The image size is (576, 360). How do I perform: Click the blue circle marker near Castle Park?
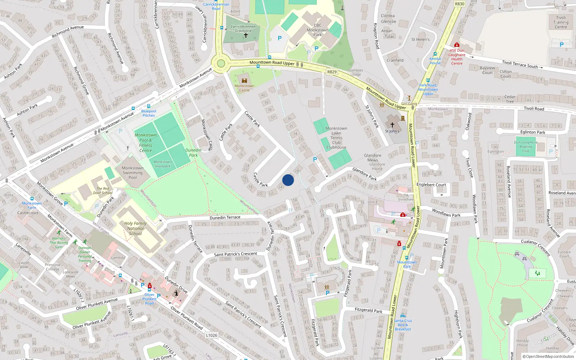tap(288, 180)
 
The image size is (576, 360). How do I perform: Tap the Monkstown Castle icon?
tap(244, 81)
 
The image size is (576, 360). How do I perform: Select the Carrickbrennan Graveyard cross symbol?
tap(246, 36)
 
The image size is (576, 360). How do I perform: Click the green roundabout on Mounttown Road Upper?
tap(221, 64)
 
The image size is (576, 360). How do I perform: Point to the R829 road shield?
tap(332, 72)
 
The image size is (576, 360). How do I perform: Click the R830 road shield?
tap(460, 4)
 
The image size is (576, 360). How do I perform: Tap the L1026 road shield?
tap(212, 335)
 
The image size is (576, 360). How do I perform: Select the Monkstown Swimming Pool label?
tap(132, 173)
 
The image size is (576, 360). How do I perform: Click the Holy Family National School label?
tap(135, 228)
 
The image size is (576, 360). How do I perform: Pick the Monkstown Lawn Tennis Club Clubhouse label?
tap(336, 138)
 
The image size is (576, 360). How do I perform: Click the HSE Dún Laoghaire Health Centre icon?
tap(457, 45)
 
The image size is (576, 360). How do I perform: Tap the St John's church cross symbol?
tap(392, 125)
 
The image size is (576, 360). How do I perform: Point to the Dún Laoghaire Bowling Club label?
tap(526, 147)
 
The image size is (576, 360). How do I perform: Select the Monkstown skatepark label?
tap(162, 164)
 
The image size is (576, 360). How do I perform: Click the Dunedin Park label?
tap(193, 153)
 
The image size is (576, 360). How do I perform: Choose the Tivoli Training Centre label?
tap(561, 22)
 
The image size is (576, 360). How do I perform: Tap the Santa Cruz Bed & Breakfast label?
tap(403, 325)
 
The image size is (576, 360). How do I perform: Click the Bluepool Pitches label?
tap(149, 113)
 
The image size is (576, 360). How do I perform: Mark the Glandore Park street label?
tap(364, 174)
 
